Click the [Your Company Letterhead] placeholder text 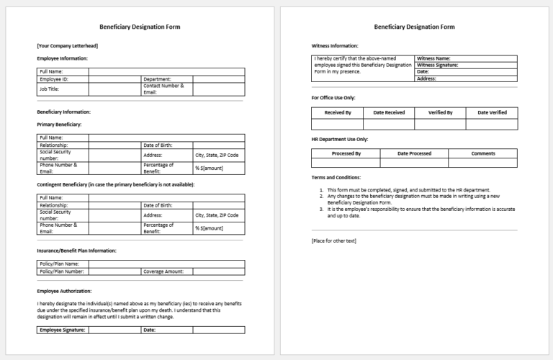(67, 45)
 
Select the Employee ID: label (54, 79)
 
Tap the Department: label (157, 79)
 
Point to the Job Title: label (50, 89)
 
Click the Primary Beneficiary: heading (59, 125)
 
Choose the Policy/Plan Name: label (60, 264)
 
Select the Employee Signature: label (62, 330)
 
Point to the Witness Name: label (433, 58)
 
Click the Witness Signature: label (438, 65)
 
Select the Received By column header (338, 112)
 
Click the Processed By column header (346, 153)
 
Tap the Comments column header (483, 153)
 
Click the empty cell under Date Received (389, 124)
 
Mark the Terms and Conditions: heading (336, 177)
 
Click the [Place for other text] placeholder (333, 240)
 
